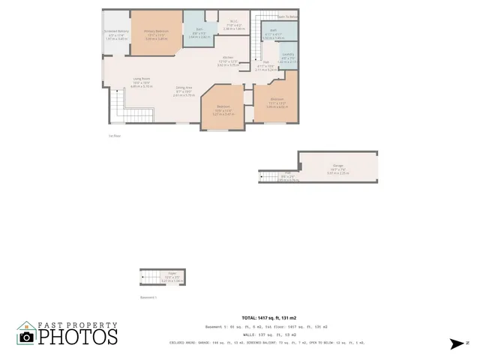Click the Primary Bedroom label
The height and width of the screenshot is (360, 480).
[157, 31]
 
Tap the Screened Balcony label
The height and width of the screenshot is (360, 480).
[115, 32]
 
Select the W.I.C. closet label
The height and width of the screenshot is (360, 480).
[234, 22]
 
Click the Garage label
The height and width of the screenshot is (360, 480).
[337, 166]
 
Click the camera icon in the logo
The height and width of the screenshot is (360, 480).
[27, 337]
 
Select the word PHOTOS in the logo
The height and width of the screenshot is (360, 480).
[78, 336]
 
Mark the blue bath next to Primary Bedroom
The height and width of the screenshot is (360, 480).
[196, 34]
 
